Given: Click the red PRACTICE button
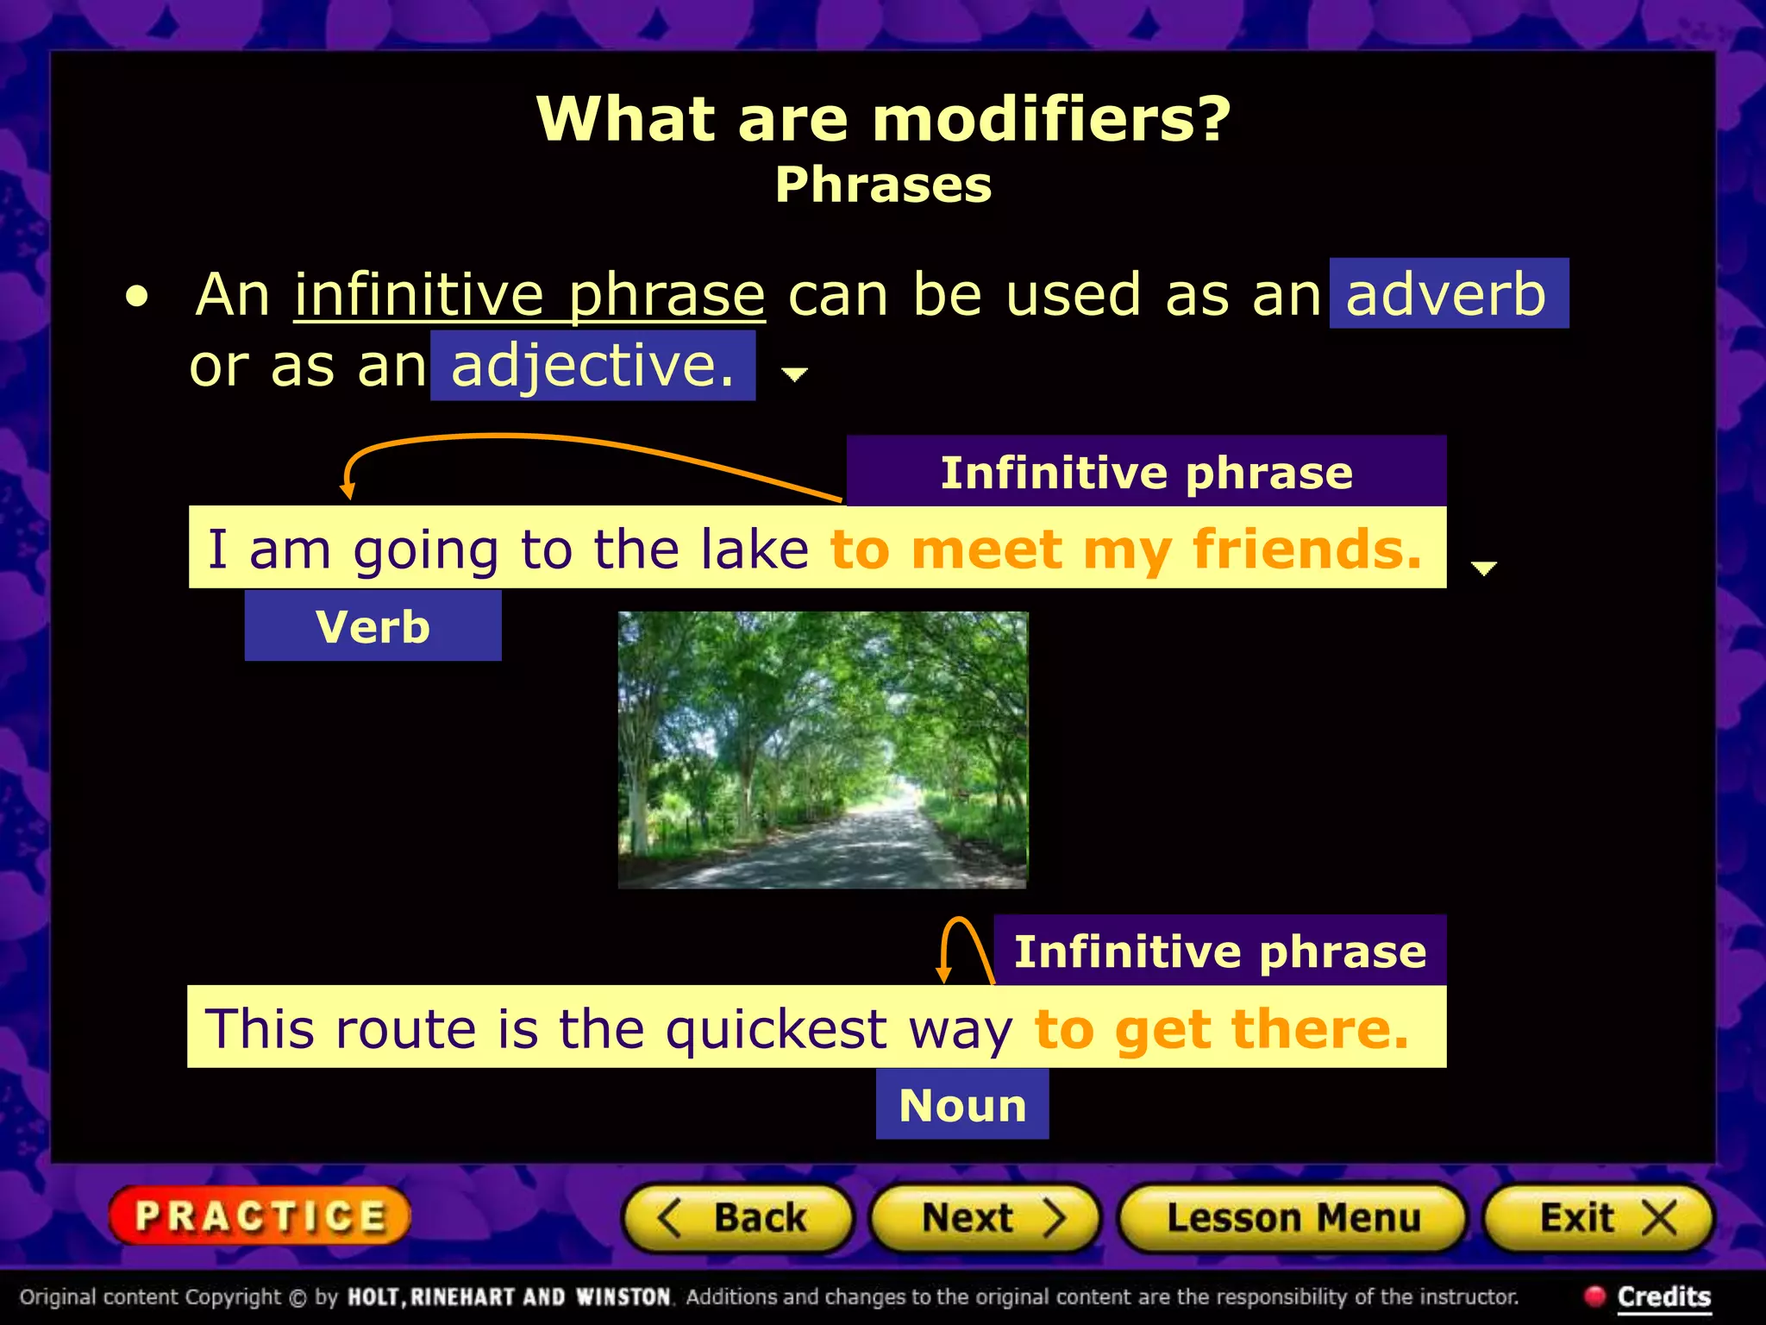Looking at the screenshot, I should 260,1216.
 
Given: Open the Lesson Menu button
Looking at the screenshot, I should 1292,1218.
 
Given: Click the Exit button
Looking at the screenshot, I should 1599,1218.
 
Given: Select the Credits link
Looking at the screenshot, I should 1663,1297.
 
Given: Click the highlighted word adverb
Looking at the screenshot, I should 1447,294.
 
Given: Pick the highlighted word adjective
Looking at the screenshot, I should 592,366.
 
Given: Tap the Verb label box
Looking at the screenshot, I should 373,626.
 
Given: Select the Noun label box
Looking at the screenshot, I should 962,1105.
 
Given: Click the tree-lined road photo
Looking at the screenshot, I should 823,750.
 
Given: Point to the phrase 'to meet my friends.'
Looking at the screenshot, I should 1125,549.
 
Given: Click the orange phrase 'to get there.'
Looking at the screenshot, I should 1222,1028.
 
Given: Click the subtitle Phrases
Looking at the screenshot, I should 883,185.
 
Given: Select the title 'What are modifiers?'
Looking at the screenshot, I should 883,118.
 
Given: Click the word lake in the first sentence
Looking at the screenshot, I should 755,549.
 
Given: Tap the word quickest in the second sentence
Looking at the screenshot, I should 776,1028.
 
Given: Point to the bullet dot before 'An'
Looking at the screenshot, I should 136,298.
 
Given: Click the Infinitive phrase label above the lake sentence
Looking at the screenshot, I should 1146,472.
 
